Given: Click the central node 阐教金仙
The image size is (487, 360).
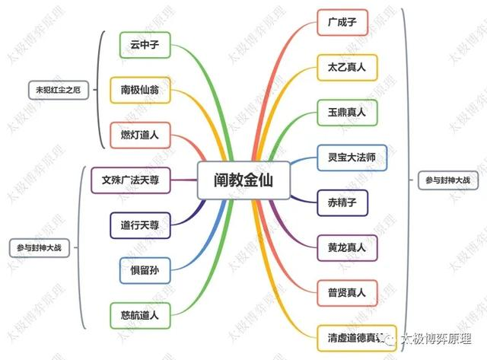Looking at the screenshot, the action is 243,180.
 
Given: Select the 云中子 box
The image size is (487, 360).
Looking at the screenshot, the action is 145,45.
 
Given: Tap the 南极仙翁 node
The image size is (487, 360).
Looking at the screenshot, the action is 145,89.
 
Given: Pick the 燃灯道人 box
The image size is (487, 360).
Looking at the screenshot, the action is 145,135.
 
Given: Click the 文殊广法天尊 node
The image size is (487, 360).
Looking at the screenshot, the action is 135,180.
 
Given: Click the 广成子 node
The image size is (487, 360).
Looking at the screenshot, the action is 342,22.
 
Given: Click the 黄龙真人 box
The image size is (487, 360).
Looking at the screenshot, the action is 346,247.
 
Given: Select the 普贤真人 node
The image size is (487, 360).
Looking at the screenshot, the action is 346,292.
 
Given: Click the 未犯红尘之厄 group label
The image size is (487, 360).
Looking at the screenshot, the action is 58,90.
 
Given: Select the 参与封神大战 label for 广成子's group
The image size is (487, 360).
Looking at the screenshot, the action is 444,180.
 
